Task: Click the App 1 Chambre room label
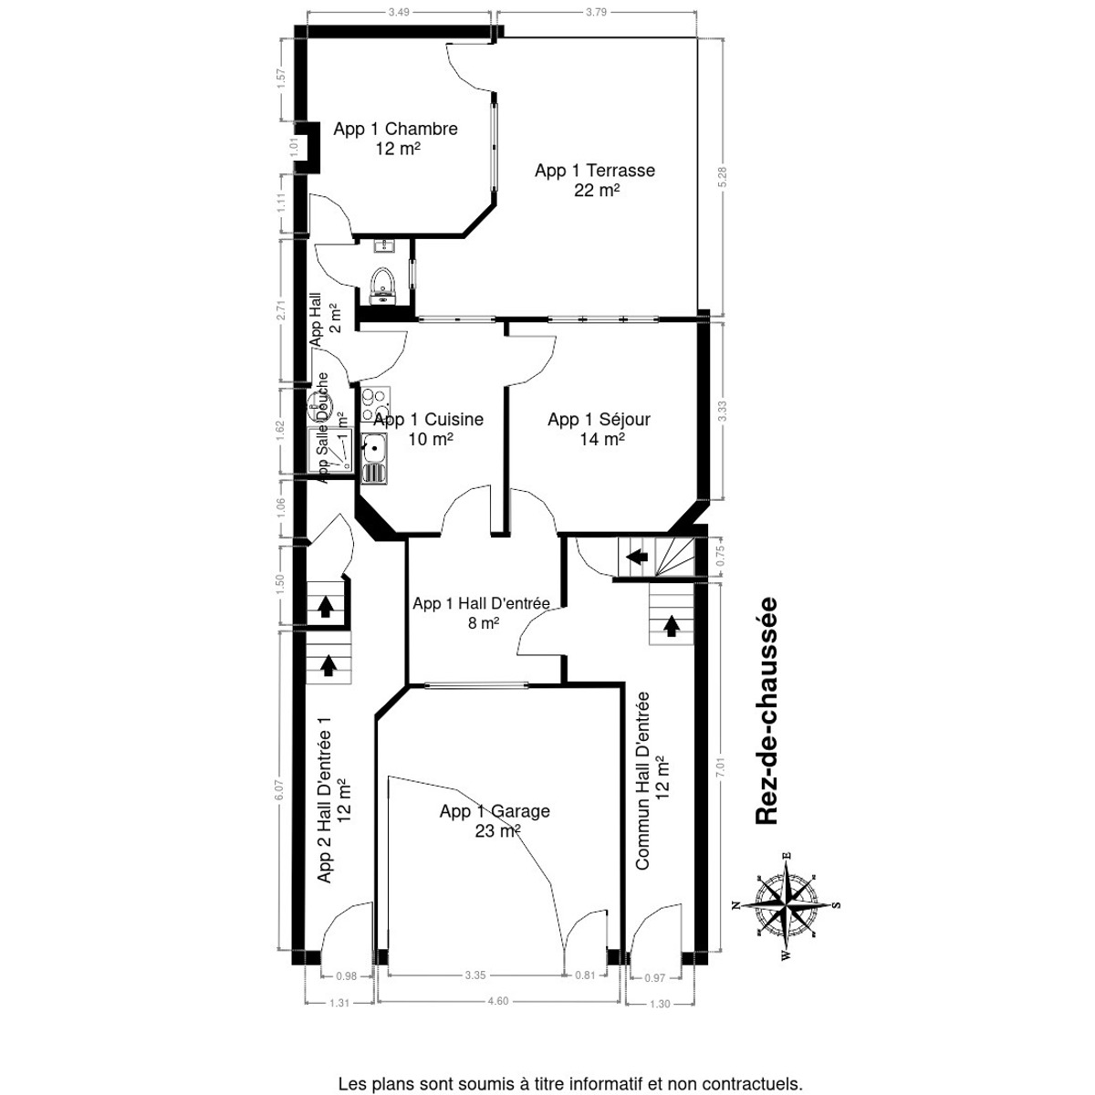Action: click(x=395, y=139)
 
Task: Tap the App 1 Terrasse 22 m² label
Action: click(x=595, y=180)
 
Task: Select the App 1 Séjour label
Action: click(x=599, y=429)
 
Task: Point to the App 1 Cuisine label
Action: click(x=428, y=429)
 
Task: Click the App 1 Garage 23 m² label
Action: click(x=495, y=820)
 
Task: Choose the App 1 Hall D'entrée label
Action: click(x=481, y=612)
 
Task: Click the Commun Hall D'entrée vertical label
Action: click(x=652, y=780)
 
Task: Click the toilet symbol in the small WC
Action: click(x=383, y=284)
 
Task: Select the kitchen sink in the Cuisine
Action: click(x=373, y=447)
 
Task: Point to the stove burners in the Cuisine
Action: click(x=374, y=402)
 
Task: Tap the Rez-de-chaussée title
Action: click(x=766, y=711)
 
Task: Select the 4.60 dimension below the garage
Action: click(x=497, y=1001)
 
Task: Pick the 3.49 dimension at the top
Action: click(x=399, y=12)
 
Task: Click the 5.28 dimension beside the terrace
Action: click(x=723, y=176)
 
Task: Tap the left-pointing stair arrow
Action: click(x=637, y=555)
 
